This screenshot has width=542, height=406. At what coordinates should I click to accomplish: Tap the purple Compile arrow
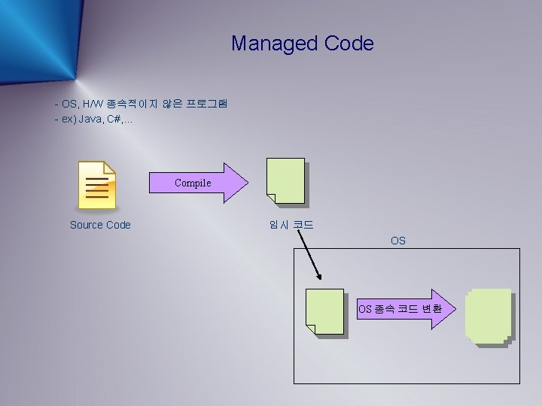pyautogui.click(x=197, y=183)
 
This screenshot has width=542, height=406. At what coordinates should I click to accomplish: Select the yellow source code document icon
pyautogui.click(x=98, y=185)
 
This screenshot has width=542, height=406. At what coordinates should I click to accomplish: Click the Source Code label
pyautogui.click(x=100, y=225)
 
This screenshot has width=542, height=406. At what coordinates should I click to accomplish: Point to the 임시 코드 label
pyautogui.click(x=291, y=225)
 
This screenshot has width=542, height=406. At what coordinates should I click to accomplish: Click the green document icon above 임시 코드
pyautogui.click(x=285, y=181)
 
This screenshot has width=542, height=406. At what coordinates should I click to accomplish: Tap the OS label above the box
pyautogui.click(x=398, y=241)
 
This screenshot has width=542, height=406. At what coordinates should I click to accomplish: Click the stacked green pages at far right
pyautogui.click(x=488, y=317)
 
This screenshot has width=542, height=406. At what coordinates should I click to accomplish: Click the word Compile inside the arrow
pyautogui.click(x=193, y=183)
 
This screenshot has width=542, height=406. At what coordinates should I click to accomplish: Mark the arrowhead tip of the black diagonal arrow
pyautogui.click(x=322, y=276)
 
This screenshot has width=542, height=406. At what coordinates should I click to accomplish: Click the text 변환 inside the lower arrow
pyautogui.click(x=431, y=309)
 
